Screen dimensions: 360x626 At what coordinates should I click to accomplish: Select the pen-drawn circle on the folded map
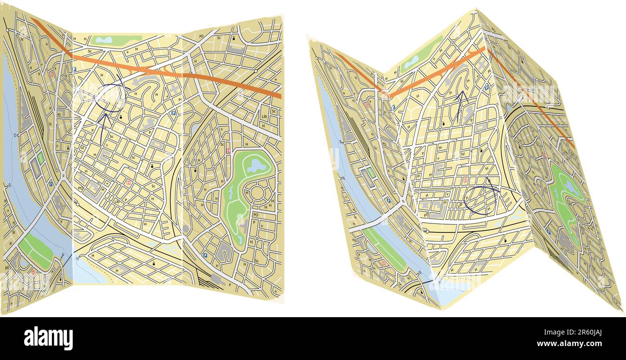481,200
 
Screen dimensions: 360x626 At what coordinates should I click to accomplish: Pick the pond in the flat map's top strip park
104,40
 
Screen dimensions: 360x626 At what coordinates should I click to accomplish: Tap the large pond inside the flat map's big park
256,167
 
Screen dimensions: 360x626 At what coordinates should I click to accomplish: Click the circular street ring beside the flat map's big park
257,194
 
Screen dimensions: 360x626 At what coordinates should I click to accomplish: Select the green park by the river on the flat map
37,250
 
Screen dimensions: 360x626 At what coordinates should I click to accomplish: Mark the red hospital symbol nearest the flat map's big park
228,150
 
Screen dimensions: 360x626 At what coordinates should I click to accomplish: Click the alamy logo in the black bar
48,338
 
